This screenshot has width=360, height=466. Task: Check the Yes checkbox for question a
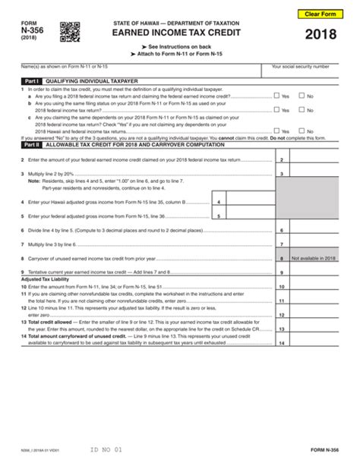coord(278,96)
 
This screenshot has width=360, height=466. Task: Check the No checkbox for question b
coord(302,111)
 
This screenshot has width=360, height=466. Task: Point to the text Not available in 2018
coord(314,258)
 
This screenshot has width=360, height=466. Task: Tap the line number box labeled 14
coord(281,342)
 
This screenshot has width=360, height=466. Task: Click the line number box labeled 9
coord(281,272)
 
